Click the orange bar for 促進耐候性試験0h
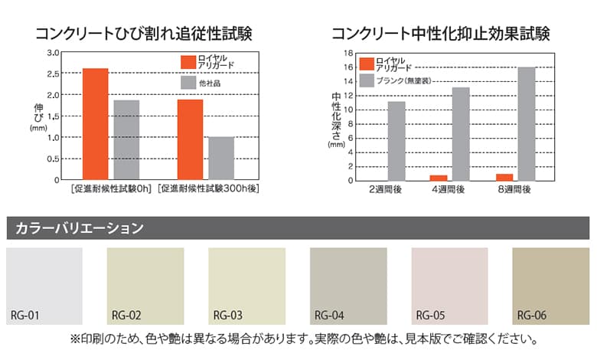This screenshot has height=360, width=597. [x=96, y=124]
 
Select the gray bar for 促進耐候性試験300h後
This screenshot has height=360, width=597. [x=221, y=159]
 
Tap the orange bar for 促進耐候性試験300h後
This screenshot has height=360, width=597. [x=191, y=140]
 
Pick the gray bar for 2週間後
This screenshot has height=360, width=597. [x=396, y=141]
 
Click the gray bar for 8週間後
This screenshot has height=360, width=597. [x=526, y=124]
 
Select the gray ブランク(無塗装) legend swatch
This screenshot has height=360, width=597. [x=366, y=80]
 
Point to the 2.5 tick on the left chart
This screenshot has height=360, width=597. [x=54, y=74]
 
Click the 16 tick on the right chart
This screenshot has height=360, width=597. [x=347, y=67]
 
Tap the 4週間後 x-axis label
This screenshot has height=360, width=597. [x=449, y=189]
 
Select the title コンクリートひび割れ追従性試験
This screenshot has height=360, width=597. [x=143, y=34]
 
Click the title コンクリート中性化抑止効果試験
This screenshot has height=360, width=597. [x=441, y=34]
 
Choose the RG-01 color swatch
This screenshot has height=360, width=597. [x=44, y=285]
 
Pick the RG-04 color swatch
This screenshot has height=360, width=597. [x=347, y=285]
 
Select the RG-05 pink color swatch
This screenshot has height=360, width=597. [x=449, y=285]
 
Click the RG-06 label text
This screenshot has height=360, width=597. [x=531, y=315]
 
